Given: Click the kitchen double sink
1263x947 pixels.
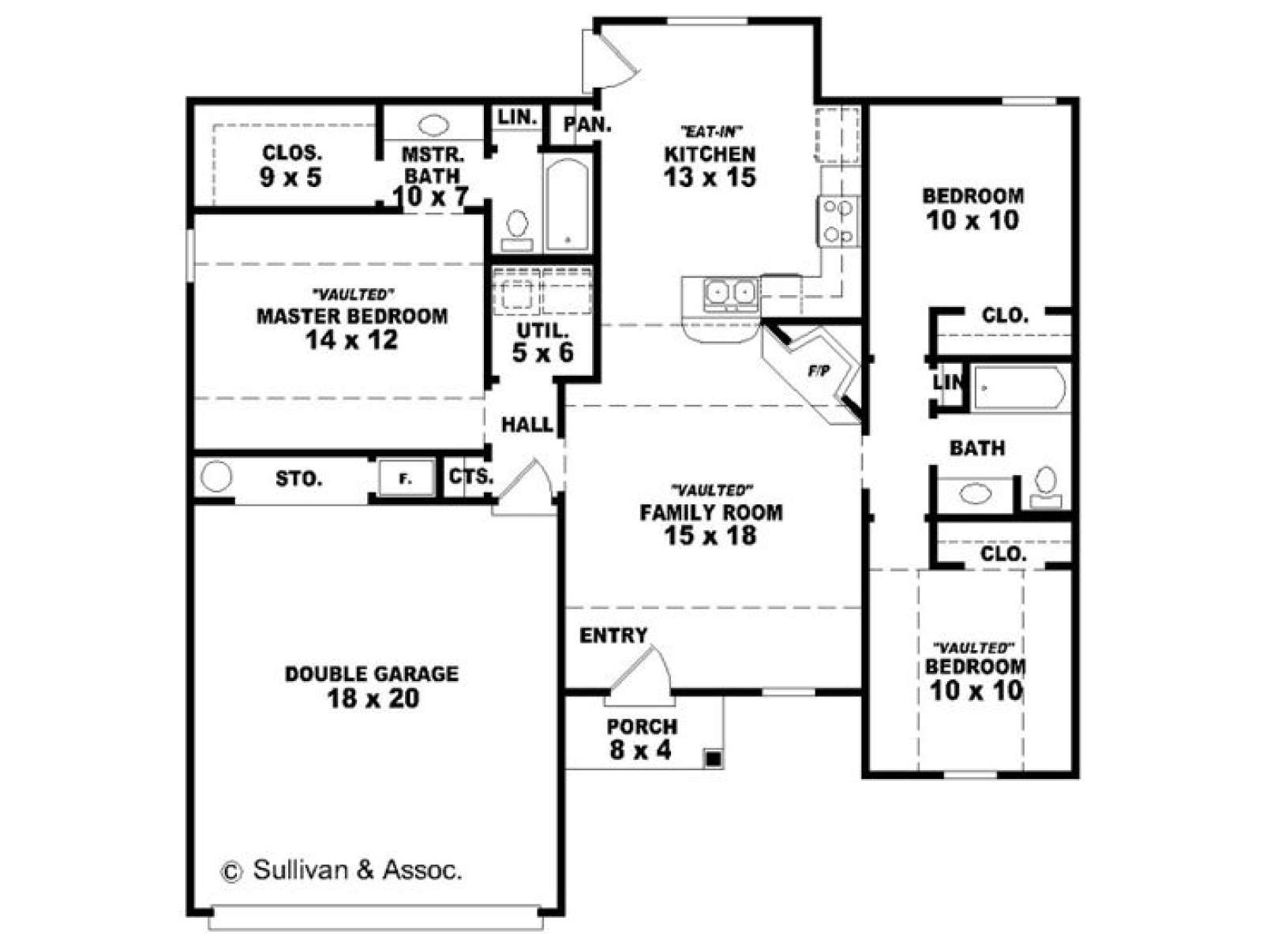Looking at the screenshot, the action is [729, 294].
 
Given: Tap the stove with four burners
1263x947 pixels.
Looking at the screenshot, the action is [838, 222].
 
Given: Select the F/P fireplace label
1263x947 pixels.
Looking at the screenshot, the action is [819, 372].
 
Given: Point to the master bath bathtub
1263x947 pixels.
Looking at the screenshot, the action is [567, 204].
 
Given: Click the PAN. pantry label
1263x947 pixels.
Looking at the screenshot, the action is [587, 124].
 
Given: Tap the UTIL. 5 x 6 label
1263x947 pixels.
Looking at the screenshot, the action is [542, 342].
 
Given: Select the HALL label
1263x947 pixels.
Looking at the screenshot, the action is [527, 425].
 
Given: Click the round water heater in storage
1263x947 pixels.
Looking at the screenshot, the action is [216, 477].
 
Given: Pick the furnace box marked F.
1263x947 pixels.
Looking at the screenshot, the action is [407, 477].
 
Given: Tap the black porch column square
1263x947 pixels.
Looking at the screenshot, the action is [714, 759].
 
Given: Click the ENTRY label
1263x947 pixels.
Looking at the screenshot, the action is [613, 635].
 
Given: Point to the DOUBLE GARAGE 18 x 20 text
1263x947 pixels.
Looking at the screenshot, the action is [373, 687].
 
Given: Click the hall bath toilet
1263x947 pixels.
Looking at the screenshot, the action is [1045, 488].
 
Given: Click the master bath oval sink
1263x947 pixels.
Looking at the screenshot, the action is [433, 125].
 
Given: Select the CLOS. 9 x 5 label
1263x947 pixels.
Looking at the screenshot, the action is [291, 166].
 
